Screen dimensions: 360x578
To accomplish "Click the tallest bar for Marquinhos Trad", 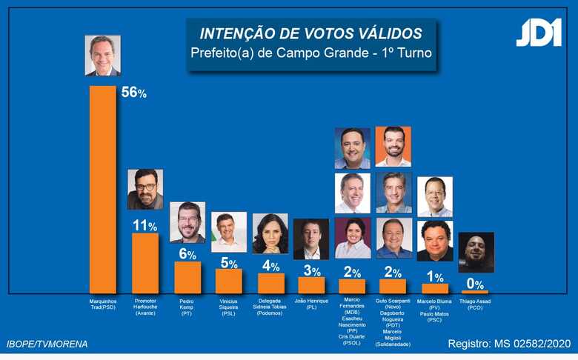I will (102, 189).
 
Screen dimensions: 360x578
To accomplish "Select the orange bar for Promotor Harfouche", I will (144, 263).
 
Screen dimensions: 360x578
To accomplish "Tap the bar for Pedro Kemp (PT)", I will (187, 277).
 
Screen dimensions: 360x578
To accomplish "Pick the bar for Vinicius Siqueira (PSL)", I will (228, 281).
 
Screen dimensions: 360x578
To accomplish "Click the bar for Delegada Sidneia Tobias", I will (270, 283).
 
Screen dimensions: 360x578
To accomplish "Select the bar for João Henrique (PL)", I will (311, 284).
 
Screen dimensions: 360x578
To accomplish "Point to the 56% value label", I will (134, 93).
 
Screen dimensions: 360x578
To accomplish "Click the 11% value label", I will (144, 225).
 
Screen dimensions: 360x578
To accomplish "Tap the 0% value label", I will (474, 284).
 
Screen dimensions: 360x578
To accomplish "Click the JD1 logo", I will (539, 33).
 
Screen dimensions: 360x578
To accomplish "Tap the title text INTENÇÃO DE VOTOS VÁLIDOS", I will (310, 34).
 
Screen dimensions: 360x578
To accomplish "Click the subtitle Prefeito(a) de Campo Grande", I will (310, 53).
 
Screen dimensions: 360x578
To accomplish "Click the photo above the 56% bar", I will (102, 56).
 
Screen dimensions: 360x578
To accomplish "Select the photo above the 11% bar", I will (144, 189).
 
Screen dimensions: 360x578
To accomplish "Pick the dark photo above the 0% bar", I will (475, 253).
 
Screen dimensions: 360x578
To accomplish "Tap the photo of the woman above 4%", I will (270, 233).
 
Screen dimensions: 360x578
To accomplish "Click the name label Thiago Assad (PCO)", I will (474, 304).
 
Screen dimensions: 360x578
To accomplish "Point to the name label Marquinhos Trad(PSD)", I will (102, 304).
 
